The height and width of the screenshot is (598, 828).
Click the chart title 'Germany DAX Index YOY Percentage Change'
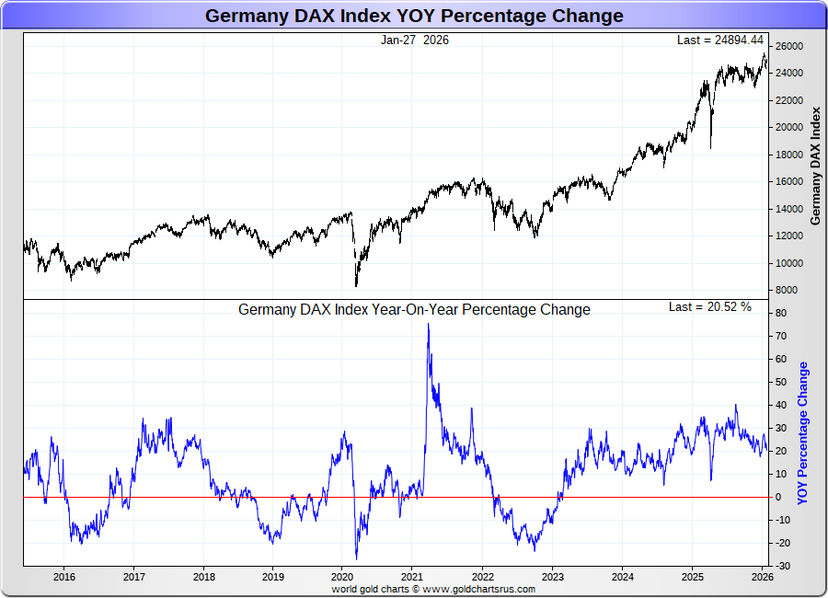pos(413,16)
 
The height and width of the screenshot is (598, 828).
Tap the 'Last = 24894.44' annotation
pos(720,40)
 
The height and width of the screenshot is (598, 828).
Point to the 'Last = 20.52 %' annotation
pos(709,306)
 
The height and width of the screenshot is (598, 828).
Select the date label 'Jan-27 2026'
pos(414,40)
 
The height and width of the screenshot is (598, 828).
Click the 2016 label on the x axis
pos(64,577)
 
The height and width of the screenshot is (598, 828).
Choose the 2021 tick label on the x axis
pos(412,577)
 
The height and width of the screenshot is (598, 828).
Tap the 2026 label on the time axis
pos(760,577)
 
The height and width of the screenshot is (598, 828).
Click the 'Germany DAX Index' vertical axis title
pos(815,166)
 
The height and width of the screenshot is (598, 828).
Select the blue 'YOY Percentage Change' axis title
pos(803,432)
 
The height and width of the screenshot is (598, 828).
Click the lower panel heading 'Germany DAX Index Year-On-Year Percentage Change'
pos(414,310)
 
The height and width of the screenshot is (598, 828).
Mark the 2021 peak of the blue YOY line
pos(428,325)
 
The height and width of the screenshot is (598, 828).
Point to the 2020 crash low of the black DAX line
pos(356,286)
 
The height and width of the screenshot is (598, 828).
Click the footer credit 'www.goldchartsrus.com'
pos(479,589)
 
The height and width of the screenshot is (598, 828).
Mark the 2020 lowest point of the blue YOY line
pos(356,558)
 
